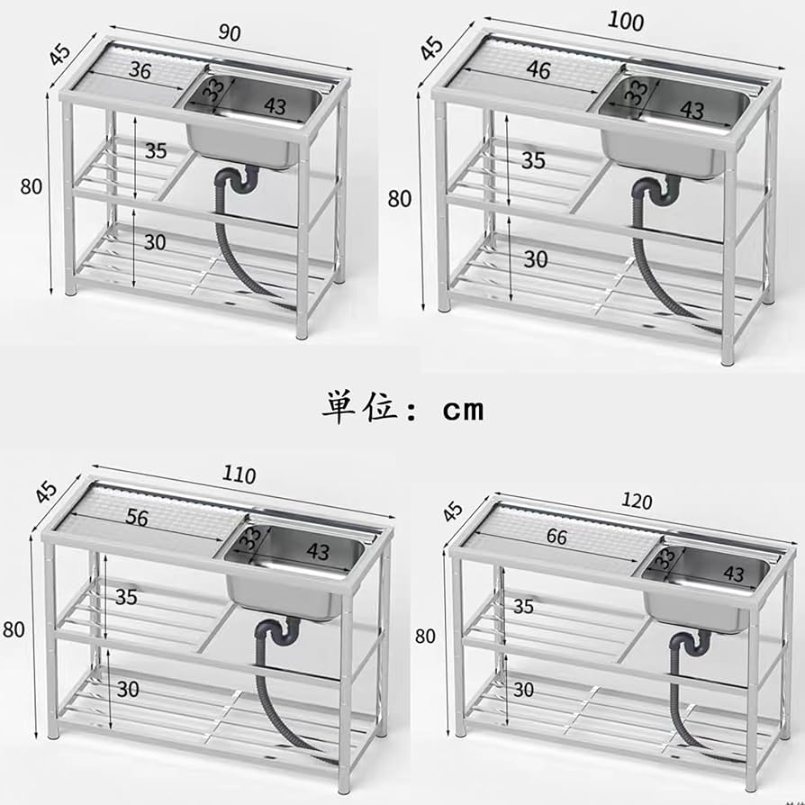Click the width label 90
click(230, 33)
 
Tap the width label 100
click(626, 21)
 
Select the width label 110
click(238, 475)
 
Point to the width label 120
click(637, 502)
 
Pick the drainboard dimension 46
click(538, 71)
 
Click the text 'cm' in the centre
click(463, 410)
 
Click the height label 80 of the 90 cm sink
click(32, 187)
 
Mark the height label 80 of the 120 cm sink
click(425, 636)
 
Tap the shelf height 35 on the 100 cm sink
click(534, 160)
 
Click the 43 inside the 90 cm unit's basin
click(276, 105)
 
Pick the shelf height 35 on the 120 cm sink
click(523, 606)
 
